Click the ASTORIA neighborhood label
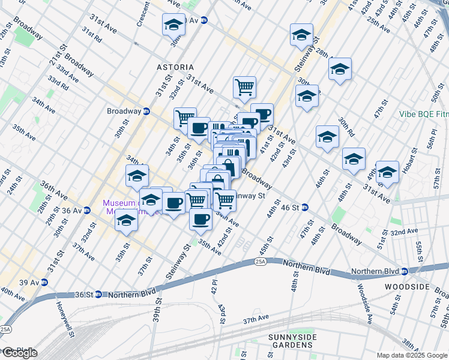175,67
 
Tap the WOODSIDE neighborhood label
407,287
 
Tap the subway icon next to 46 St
305,208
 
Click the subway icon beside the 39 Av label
44,282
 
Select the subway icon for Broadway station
146,111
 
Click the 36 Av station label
76,211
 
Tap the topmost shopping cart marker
245,87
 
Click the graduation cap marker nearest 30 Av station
173,25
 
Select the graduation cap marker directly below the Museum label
126,220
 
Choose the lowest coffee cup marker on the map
201,218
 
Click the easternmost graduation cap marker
387,172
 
